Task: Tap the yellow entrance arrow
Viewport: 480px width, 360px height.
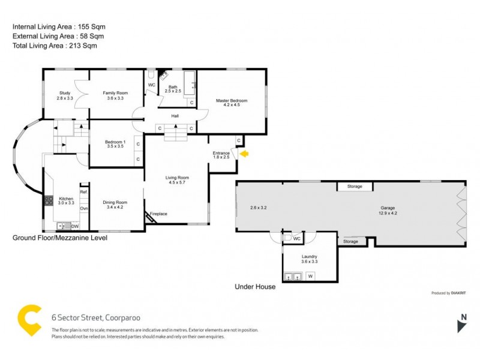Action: coord(244,154)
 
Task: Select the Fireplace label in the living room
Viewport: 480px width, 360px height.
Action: coord(158,214)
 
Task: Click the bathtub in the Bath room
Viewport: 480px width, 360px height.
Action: coord(189,83)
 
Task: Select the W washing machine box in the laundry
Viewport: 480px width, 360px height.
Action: coord(310,276)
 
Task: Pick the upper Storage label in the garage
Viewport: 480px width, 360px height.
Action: coord(355,187)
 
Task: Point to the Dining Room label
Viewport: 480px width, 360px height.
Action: coord(114,205)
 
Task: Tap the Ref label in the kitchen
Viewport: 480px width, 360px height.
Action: coord(84,191)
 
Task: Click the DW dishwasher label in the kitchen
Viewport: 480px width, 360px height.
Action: coord(75,226)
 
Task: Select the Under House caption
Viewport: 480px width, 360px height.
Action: coord(255,287)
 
